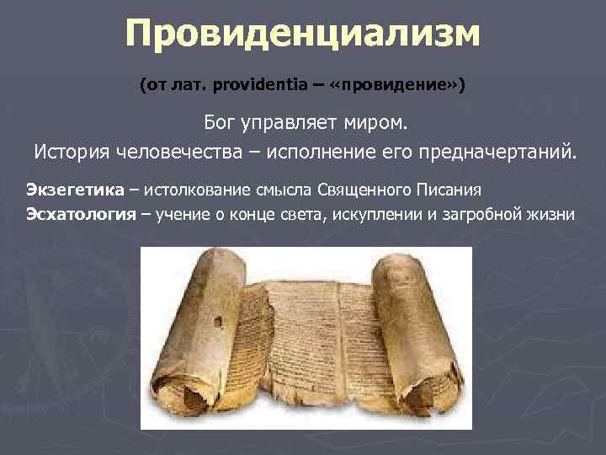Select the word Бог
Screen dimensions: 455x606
(222, 125)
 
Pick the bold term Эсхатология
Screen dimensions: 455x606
(81, 213)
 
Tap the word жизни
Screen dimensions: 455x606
(551, 213)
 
